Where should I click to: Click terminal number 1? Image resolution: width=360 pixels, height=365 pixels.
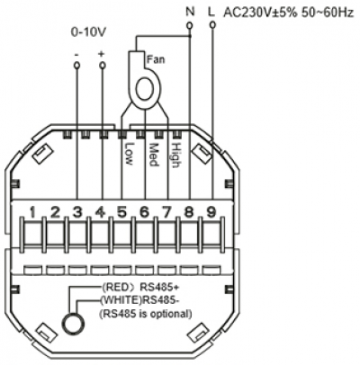point(33,212)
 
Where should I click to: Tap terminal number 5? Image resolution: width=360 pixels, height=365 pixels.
point(121,212)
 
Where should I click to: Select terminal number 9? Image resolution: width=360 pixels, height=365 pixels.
point(211,212)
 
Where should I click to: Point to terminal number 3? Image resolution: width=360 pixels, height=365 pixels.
point(77,212)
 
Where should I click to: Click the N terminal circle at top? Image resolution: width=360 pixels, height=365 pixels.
point(190,26)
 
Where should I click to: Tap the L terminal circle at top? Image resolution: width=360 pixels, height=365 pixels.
point(212,25)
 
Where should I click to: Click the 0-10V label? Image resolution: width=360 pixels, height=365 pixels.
point(88,32)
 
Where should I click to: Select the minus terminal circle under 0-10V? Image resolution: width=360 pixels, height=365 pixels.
point(77,65)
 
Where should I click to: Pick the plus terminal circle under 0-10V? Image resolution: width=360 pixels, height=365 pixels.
point(103,65)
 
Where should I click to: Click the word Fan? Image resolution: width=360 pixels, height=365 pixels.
point(156,59)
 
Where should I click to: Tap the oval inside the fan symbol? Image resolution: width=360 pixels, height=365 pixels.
point(146,89)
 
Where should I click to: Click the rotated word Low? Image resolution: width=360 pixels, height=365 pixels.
point(129,154)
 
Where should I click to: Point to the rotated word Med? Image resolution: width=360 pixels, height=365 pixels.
point(153,155)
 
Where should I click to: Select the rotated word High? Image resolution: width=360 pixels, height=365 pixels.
point(175,156)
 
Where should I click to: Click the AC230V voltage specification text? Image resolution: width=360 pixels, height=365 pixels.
point(289,13)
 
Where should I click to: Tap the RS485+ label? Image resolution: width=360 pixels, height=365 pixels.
point(159,287)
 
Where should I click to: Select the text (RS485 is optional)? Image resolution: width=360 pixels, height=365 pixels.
point(146,314)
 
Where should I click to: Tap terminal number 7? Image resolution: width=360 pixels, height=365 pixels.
point(166,212)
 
